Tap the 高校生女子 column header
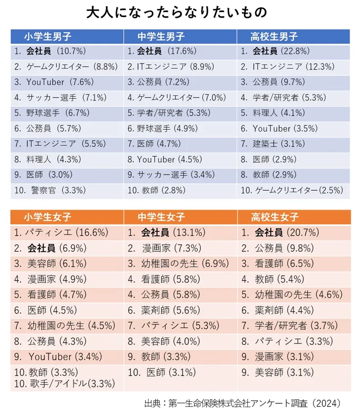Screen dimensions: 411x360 point(274,217)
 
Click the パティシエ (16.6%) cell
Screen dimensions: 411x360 point(61,232)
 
